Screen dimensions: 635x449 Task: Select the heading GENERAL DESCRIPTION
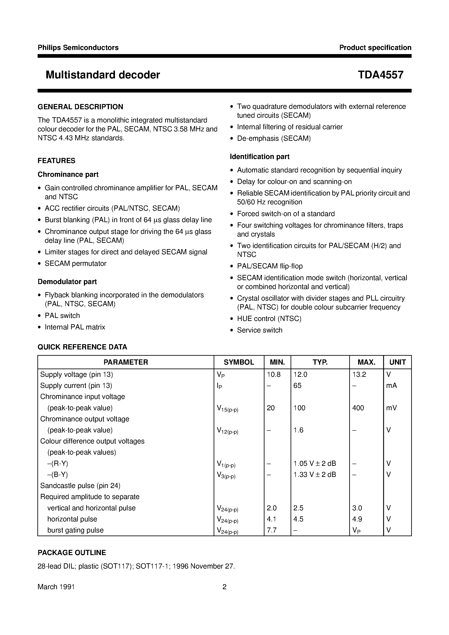point(80,107)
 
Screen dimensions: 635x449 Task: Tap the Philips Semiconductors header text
point(78,48)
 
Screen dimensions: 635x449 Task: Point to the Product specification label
point(375,48)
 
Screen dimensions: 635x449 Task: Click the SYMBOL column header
point(239,362)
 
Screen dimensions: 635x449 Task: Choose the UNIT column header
point(397,362)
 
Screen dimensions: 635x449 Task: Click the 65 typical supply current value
point(297,385)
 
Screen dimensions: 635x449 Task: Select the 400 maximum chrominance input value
point(358,408)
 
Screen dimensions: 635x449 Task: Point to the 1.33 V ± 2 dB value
point(315,475)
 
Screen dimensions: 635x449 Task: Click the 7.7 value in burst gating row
point(272,530)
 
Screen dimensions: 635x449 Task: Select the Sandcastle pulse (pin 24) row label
point(80,486)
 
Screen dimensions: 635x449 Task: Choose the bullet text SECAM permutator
point(76,264)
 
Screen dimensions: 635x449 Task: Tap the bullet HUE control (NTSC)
point(269,319)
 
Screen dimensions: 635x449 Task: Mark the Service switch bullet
point(260,330)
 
